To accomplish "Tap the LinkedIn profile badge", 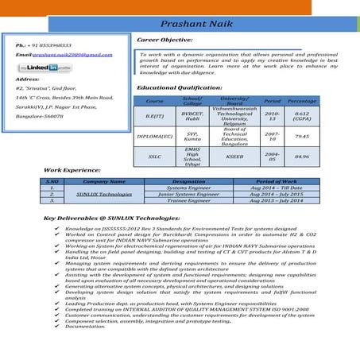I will pyautogui.click(x=42, y=68).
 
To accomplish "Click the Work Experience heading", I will pyautogui.click(x=72, y=171).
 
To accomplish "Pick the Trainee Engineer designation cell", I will pyautogui.click(x=188, y=200).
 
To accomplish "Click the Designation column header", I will pyautogui.click(x=188, y=182).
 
